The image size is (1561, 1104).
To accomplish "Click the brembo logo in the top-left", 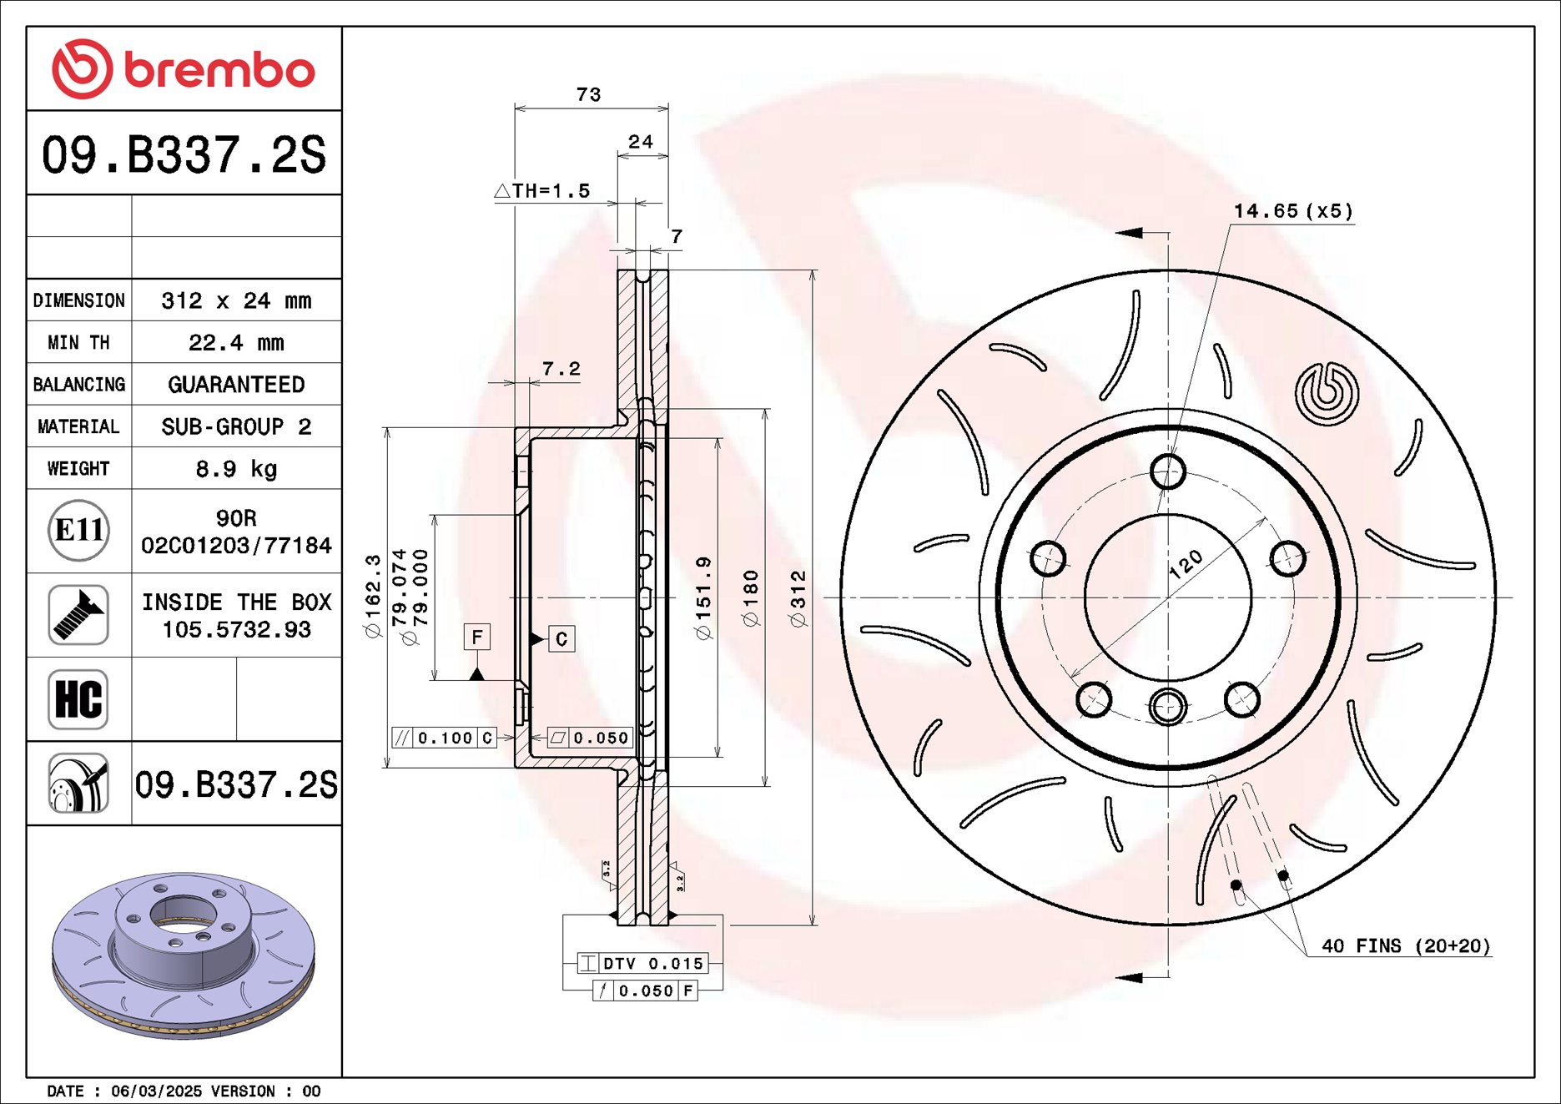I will pyautogui.click(x=184, y=69).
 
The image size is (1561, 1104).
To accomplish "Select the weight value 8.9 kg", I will pyautogui.click(x=236, y=469).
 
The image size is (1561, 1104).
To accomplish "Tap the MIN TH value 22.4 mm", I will pyautogui.click(x=236, y=343).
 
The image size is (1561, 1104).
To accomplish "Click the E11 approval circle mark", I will pyautogui.click(x=78, y=531).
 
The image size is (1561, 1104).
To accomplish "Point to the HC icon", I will pyautogui.click(x=78, y=699).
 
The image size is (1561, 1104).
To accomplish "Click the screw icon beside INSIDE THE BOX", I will pyautogui.click(x=78, y=615).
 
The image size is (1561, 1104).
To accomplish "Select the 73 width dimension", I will pyautogui.click(x=588, y=94).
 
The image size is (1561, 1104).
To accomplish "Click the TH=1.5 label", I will pyautogui.click(x=543, y=191).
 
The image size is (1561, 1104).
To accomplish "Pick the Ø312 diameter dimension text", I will pyautogui.click(x=798, y=598).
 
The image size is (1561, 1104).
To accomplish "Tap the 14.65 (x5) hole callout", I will pyautogui.click(x=1292, y=211).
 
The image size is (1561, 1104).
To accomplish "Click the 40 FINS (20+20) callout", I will pyautogui.click(x=1405, y=946).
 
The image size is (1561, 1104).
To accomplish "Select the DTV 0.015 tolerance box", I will pyautogui.click(x=642, y=964).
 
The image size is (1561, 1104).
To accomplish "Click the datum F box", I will pyautogui.click(x=476, y=638).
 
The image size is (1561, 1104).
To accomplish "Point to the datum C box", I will pyautogui.click(x=561, y=639).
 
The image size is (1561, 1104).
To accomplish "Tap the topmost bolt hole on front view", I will pyautogui.click(x=1167, y=471).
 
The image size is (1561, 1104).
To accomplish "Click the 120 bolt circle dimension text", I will pyautogui.click(x=1185, y=565).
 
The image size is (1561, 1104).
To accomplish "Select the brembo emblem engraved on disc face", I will pyautogui.click(x=1327, y=393).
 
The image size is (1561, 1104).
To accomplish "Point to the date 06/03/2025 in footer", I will pyautogui.click(x=156, y=1091).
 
